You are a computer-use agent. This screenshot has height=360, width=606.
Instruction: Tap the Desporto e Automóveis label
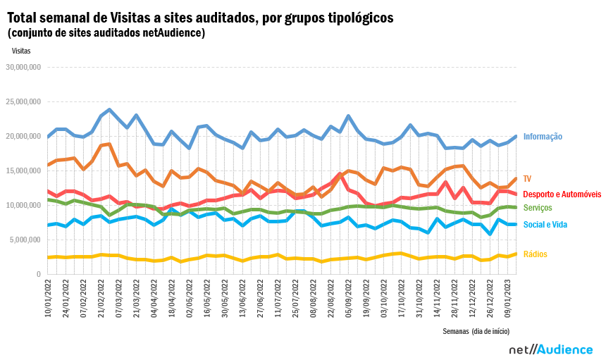coord(562,194)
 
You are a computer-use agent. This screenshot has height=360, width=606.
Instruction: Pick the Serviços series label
coord(538,208)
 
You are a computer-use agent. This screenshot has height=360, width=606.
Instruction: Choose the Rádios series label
coord(535,254)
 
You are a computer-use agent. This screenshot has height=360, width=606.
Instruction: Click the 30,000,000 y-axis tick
coord(24,68)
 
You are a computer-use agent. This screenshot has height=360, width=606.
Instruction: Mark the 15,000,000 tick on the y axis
coord(24,170)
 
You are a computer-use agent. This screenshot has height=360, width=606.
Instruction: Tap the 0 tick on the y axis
coord(39,274)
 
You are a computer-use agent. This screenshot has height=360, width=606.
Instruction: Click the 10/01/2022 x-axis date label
coord(48,299)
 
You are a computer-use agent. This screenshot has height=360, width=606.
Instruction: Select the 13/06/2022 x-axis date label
coord(243,299)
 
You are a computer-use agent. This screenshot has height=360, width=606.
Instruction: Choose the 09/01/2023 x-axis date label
coord(508,299)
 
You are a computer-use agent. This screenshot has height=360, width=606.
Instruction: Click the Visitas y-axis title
coord(21,50)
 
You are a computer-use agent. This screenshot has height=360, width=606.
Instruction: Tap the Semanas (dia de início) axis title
coord(476,330)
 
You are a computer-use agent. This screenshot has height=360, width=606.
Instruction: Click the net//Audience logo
coord(550,349)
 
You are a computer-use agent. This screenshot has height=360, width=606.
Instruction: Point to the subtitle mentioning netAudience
coord(106,32)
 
